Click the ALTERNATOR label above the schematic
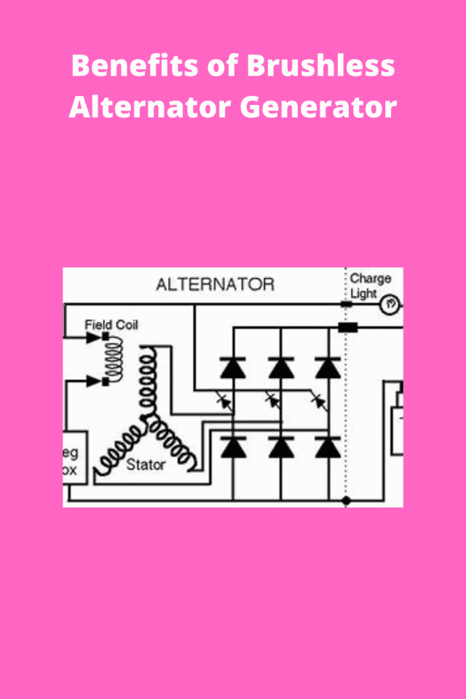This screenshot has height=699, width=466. [x=215, y=284]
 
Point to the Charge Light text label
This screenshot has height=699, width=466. [x=369, y=285]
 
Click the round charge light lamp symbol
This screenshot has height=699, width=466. [x=390, y=302]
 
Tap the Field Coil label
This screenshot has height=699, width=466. [x=111, y=324]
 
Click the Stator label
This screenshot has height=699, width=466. [x=146, y=464]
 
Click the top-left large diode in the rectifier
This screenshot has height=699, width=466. [x=233, y=368]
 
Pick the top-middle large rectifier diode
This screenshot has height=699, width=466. [x=280, y=368]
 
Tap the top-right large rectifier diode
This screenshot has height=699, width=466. [x=328, y=368]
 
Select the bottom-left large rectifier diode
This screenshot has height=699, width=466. [x=233, y=446]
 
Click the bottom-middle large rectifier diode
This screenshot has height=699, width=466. [x=280, y=446]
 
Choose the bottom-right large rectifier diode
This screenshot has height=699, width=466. [x=328, y=446]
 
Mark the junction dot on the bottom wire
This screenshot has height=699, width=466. [x=346, y=501]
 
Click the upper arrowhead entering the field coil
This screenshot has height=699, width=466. [x=92, y=338]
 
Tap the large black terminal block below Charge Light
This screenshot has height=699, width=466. [x=348, y=328]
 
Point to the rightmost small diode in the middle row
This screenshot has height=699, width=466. [x=318, y=400]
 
